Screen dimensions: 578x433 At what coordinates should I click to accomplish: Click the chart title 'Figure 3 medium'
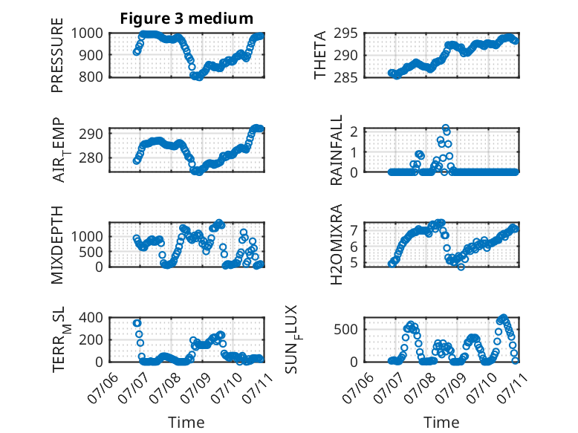pos(186,19)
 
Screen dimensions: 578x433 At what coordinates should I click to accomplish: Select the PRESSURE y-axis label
pos(57,55)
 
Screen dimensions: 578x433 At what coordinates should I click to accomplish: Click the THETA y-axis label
pos(320,55)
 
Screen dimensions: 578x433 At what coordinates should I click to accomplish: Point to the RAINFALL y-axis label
pos(337,150)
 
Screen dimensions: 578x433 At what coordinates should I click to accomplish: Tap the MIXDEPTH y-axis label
pos(57,245)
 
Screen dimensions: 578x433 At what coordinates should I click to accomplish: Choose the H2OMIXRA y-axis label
pos(337,244)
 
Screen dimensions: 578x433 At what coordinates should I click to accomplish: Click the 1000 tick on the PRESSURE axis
pos(87,33)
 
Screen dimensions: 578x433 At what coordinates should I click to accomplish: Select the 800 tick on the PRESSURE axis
pos(91,77)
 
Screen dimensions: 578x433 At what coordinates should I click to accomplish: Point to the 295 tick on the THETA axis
pos(345,33)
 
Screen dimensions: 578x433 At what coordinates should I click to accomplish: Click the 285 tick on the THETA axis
pos(345,77)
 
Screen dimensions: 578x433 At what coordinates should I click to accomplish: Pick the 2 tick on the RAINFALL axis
pos(354,131)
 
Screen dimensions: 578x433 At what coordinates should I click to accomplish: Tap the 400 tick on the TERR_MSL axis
pos(91,317)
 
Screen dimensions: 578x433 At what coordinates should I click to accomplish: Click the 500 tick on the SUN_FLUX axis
pos(345,329)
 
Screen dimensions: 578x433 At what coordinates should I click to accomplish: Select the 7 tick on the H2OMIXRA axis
pos(354,231)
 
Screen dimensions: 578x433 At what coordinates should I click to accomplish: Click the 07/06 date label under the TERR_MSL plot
pos(103,387)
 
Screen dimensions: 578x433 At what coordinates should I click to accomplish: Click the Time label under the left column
pos(186,422)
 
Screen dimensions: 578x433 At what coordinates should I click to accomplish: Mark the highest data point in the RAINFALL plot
pos(445,128)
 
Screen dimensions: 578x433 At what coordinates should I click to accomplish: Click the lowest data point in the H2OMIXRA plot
pos(461,267)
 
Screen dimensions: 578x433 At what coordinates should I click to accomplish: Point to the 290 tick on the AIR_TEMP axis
pos(91,134)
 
